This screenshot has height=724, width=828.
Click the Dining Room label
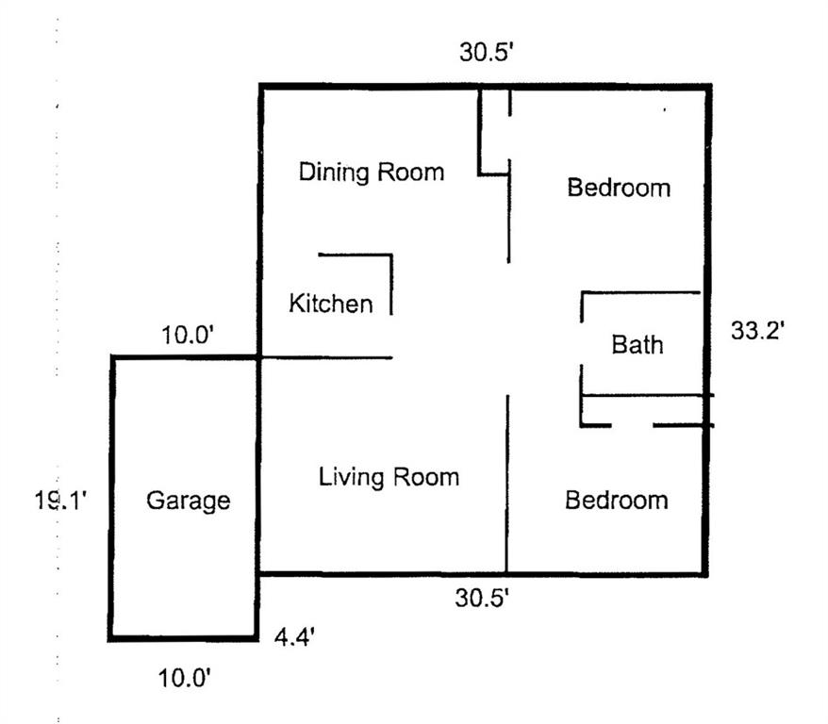point(372,173)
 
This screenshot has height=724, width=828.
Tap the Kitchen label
point(331,303)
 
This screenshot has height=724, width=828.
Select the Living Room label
point(389,478)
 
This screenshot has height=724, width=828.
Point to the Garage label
point(189,501)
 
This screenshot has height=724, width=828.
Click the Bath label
point(638,345)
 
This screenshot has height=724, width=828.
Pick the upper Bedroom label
point(619,188)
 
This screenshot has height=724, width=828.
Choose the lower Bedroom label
point(617,500)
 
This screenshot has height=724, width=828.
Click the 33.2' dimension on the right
point(757,331)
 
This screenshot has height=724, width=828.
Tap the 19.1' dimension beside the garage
point(60,500)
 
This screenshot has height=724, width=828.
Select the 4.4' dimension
point(294,637)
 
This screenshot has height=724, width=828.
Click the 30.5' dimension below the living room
point(482,598)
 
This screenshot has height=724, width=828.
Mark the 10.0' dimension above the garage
point(188,335)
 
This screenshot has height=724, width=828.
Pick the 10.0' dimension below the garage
point(185,678)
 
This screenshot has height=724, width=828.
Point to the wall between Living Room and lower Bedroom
point(507,485)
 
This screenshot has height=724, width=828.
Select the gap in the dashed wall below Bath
point(633,425)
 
